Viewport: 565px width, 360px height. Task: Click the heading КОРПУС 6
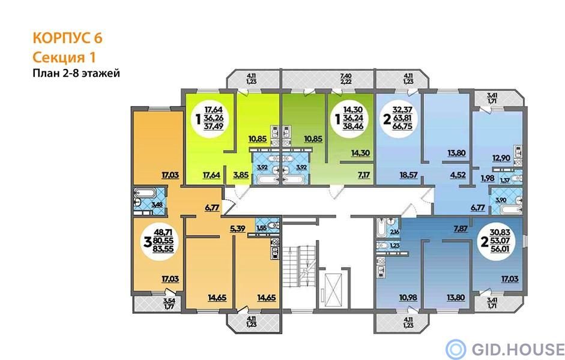coord(68,38)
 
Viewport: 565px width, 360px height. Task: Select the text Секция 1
coord(64,58)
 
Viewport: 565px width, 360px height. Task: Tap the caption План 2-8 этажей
coord(76,73)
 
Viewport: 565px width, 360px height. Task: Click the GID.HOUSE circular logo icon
coord(456,349)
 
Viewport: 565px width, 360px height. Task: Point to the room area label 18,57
coord(408,175)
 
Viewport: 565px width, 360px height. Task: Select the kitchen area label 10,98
coord(408,298)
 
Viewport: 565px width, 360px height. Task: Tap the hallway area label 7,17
coord(364,175)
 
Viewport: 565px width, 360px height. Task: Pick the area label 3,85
coord(241,175)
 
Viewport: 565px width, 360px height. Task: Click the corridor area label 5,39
coord(238,227)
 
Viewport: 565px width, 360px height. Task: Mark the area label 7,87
coord(461,229)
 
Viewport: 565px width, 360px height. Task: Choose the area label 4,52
coord(458,175)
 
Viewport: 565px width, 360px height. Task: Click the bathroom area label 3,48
coord(157,205)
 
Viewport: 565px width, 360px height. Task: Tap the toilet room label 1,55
coord(262,227)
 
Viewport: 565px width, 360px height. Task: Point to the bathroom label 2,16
coord(394,232)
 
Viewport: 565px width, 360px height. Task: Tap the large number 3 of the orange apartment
coord(147,242)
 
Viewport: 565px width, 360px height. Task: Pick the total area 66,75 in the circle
coord(402,126)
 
